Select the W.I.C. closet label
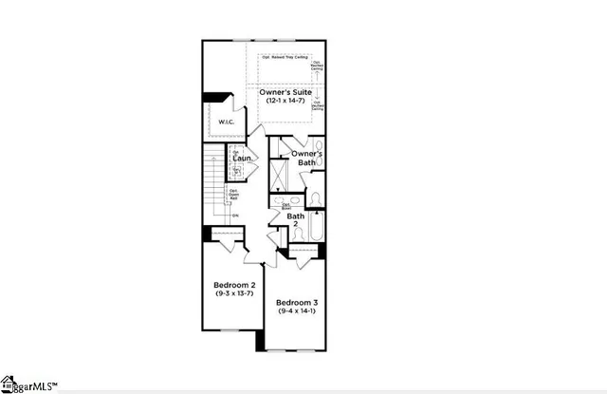point(226,122)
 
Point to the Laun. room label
point(241,158)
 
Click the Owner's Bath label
point(305,158)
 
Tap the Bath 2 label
point(296,220)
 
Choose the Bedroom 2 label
point(233,285)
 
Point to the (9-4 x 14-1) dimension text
point(295,310)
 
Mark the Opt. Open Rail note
point(233,197)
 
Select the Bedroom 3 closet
point(303,252)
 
